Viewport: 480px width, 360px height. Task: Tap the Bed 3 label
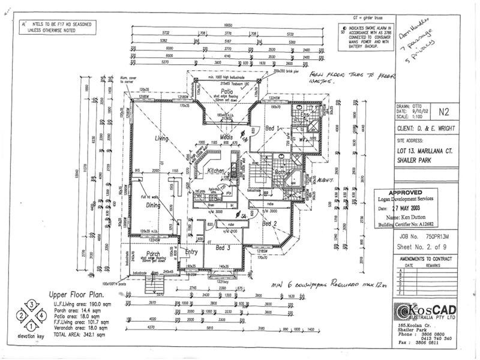click(x=223, y=247)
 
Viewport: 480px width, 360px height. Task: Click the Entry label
click(x=193, y=251)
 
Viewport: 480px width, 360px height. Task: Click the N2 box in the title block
click(x=443, y=111)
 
